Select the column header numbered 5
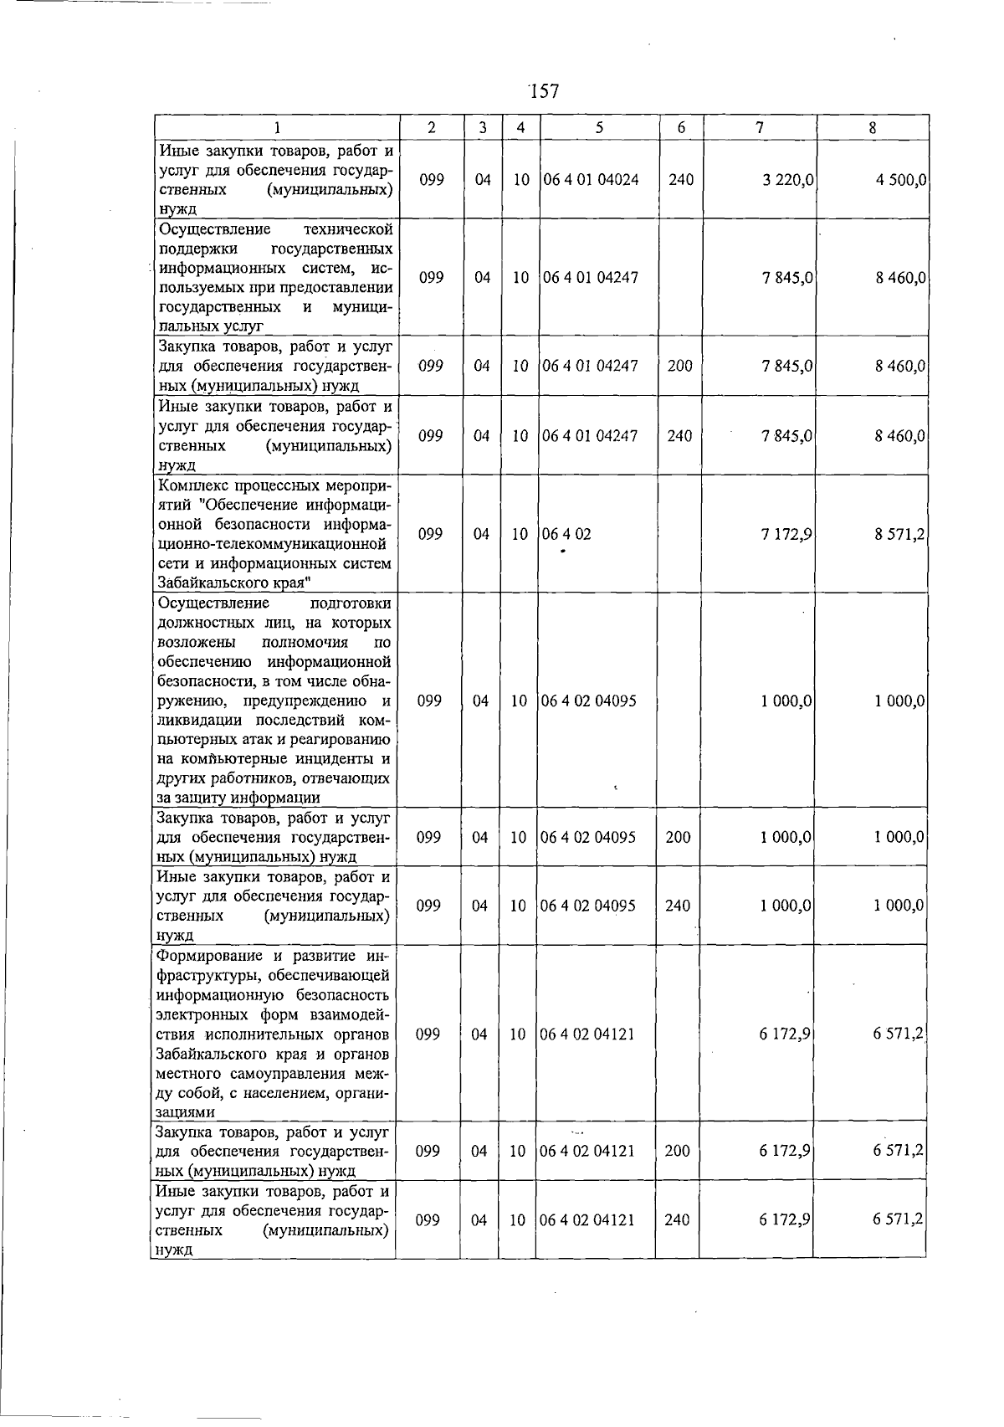coord(599,128)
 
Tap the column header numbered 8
coord(872,128)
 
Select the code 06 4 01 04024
coord(591,180)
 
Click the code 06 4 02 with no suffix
coord(566,534)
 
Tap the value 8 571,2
coord(899,534)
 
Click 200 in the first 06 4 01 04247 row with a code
coord(679,366)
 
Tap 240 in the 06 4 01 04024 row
coord(681,180)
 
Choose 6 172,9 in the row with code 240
coord(785,1220)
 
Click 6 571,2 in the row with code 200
coord(898,1151)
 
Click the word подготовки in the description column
coord(350,603)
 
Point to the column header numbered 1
coord(276,128)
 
